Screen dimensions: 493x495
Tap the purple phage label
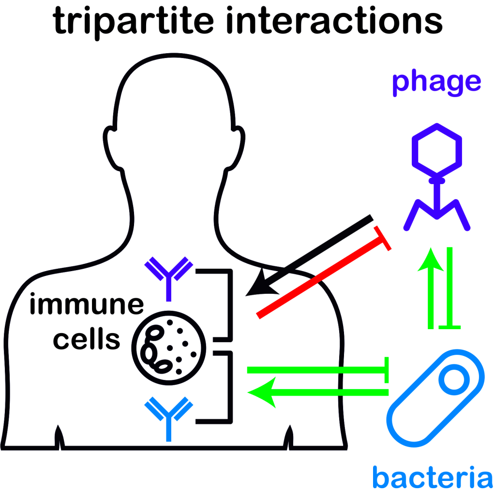coord(436,82)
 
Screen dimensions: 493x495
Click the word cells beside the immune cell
coord(86,339)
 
